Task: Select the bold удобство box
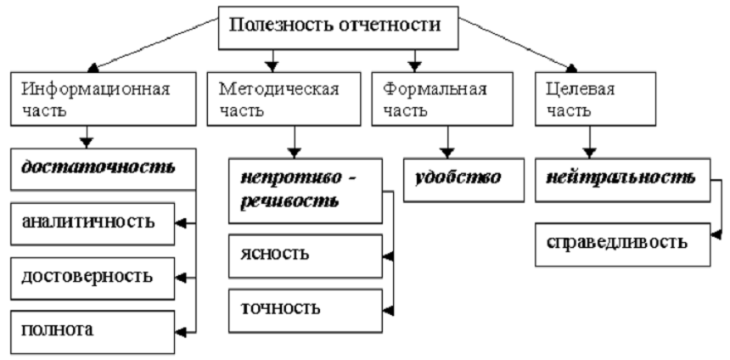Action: [463, 179]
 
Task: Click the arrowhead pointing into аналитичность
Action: [181, 223]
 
